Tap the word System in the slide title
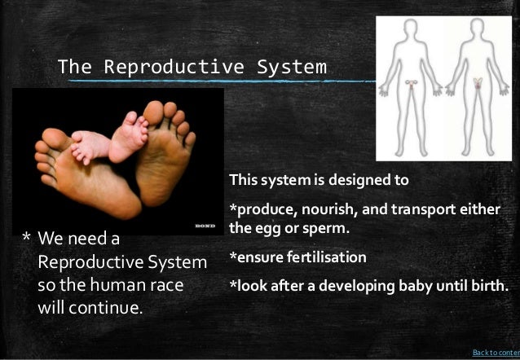coord(292,66)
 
